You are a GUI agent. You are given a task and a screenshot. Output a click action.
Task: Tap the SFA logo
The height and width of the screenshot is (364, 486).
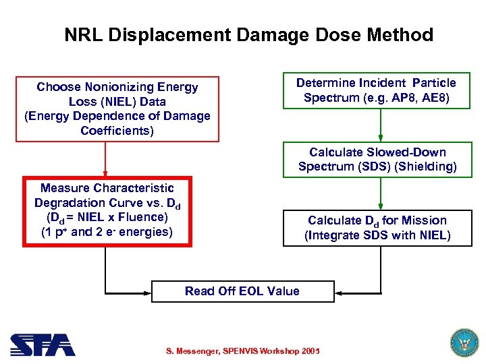point(42,345)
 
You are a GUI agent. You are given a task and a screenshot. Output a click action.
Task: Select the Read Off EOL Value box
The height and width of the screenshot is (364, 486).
point(242,291)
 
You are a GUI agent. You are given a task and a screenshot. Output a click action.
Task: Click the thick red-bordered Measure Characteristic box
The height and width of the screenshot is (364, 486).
point(107,212)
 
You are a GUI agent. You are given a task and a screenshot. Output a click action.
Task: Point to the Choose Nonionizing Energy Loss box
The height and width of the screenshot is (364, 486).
point(117,109)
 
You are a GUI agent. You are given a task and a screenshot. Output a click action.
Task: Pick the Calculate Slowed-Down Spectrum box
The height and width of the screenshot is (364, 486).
point(377,160)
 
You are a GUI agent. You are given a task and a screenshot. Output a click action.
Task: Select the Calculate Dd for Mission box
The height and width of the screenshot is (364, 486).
point(377,228)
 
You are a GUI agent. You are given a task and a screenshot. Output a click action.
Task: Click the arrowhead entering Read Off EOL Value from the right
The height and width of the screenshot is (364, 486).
point(340,293)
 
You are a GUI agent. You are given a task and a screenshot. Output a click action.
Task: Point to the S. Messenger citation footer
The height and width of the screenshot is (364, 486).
point(242,351)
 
